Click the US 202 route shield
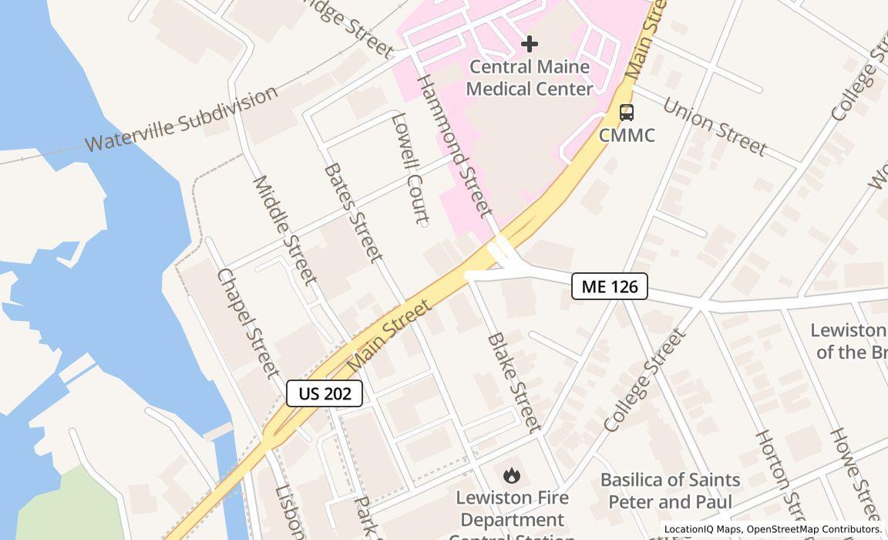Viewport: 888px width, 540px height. pos(325,393)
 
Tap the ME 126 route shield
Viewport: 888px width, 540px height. pos(609,286)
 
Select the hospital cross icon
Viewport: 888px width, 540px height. pos(530,44)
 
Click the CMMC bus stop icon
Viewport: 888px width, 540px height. pos(627,113)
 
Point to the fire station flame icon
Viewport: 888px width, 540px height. pos(510,476)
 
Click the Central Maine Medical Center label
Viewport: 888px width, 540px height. pos(530,78)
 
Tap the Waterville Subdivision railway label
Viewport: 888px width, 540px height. pos(180,120)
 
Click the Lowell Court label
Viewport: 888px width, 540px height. pos(410,168)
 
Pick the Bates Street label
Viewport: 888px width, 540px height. pos(353,212)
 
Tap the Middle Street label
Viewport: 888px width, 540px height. pos(284,230)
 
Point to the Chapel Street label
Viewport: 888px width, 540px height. pos(248,322)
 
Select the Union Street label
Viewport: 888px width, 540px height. pos(715,127)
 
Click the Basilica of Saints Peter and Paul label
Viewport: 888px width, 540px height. pos(670,491)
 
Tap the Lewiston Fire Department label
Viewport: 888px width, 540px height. pos(510,509)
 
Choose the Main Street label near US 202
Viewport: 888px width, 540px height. pos(389,335)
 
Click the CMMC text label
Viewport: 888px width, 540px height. pos(627,136)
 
